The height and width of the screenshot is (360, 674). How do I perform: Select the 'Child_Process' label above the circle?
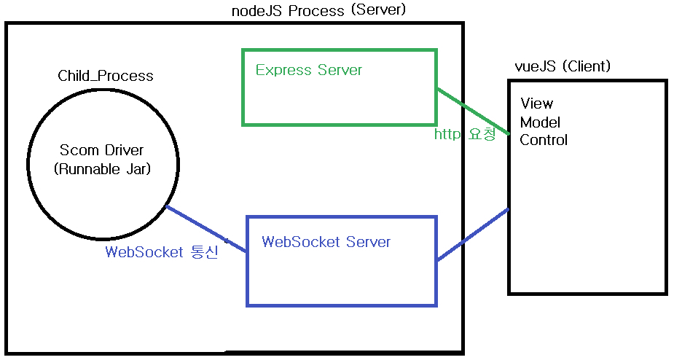coord(106,76)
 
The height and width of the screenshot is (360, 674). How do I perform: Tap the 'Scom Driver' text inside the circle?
coord(102,151)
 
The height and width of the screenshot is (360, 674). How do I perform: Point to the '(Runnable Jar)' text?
coord(102,169)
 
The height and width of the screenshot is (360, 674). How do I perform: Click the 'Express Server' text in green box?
coord(309,71)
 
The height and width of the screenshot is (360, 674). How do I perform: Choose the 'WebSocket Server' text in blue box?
coord(326,242)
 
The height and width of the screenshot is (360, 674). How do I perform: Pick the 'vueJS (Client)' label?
coord(563,67)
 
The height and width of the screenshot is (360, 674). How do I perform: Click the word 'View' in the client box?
coord(536,103)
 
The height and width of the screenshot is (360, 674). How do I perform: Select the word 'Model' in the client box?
coord(540,122)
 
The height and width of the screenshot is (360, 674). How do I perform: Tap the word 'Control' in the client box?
coord(544,140)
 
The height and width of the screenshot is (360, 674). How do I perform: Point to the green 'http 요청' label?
coord(465,134)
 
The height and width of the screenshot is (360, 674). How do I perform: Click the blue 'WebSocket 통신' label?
coord(162,253)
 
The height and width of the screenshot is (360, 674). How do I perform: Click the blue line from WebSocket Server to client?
coord(472,235)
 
